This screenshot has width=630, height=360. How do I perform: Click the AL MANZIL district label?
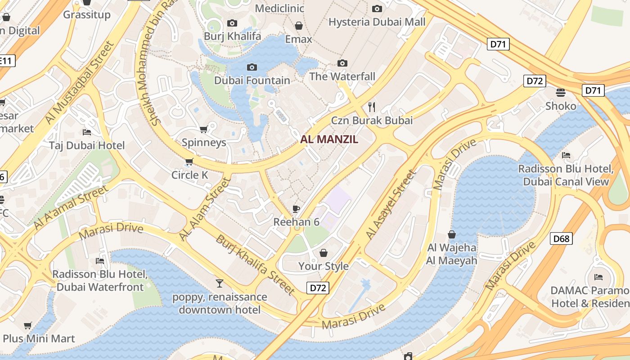pyautogui.click(x=329, y=139)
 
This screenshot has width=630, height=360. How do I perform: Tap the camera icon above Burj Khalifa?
pyautogui.click(x=232, y=23)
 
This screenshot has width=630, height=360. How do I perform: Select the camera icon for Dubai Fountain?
pyautogui.click(x=252, y=67)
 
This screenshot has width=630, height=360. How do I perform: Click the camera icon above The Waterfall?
pyautogui.click(x=342, y=63)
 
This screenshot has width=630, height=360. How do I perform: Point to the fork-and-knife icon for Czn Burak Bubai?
pyautogui.click(x=372, y=107)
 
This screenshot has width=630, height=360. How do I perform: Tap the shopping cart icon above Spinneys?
pyautogui.click(x=204, y=129)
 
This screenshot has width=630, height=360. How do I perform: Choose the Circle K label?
pyautogui.click(x=189, y=175)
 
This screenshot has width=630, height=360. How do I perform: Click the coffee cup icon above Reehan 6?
pyautogui.click(x=296, y=208)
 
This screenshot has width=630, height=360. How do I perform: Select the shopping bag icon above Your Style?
pyautogui.click(x=323, y=253)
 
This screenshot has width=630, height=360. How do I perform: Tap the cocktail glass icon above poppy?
pyautogui.click(x=220, y=283)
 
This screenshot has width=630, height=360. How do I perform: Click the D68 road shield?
pyautogui.click(x=561, y=238)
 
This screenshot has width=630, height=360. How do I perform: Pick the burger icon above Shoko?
pyautogui.click(x=561, y=93)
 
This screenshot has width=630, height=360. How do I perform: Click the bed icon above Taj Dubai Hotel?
pyautogui.click(x=87, y=132)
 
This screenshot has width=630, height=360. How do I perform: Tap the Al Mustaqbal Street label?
pyautogui.click(x=80, y=83)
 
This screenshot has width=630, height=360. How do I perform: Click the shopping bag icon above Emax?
pyautogui.click(x=298, y=26)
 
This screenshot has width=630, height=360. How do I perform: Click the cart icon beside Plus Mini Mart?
pyautogui.click(x=28, y=325)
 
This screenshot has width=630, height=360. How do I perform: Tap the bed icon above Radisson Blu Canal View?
pyautogui.click(x=566, y=155)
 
